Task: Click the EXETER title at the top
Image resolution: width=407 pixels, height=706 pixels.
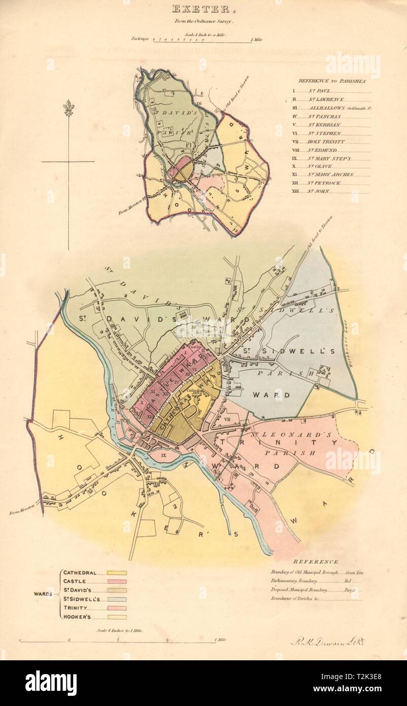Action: (203, 9)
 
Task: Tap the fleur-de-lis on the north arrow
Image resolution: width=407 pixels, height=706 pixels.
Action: (68, 108)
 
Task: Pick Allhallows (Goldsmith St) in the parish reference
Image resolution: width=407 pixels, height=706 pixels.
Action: (334, 108)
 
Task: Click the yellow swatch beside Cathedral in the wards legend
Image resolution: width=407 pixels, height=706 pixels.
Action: (117, 572)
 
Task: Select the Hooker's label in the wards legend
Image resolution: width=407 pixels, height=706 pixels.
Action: (77, 616)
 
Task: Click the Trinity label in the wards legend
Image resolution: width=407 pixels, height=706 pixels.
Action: (75, 607)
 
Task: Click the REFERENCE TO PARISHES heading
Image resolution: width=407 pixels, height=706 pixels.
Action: (332, 80)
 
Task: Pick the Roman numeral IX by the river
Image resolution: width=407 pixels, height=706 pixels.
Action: (163, 456)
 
